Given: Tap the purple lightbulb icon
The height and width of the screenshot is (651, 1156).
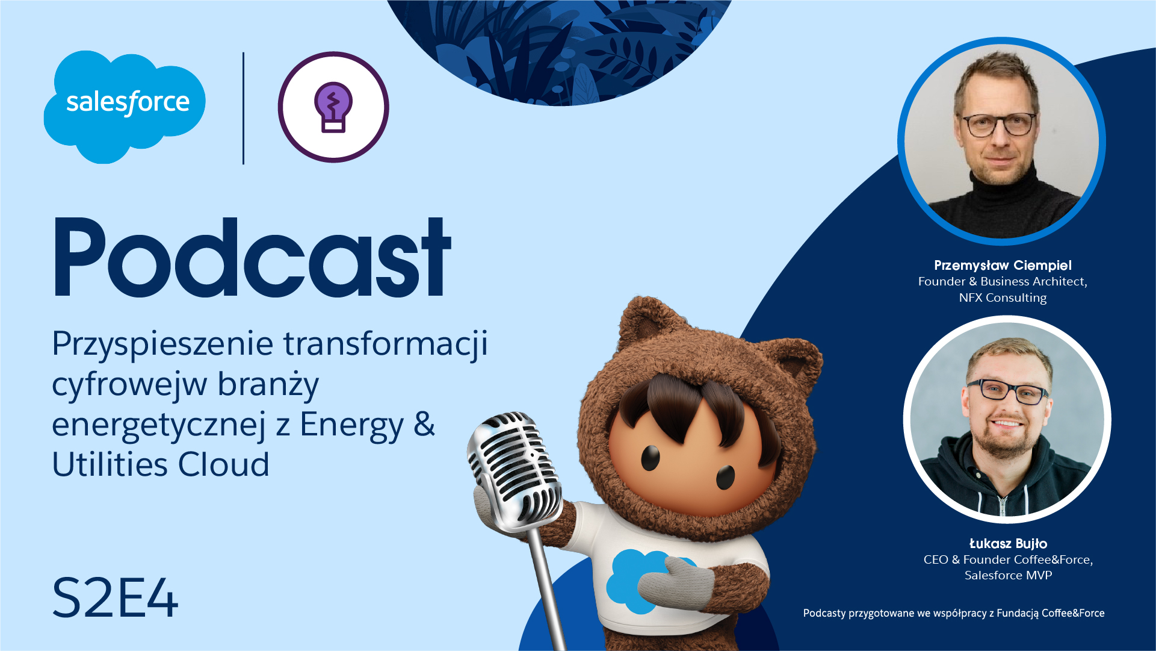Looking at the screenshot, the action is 333,107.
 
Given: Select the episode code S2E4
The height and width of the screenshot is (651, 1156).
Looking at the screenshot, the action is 115,598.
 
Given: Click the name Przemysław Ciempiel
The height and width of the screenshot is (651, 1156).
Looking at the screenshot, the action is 1003,266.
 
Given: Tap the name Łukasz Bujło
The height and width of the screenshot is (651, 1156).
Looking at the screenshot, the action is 1008,544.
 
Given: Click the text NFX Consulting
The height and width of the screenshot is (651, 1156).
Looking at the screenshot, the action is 1003,297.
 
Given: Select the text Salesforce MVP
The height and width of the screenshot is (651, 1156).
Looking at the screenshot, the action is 1008,575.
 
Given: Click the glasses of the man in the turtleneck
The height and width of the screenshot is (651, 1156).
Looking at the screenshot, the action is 1000,125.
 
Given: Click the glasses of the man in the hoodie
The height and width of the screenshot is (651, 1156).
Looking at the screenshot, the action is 1009,391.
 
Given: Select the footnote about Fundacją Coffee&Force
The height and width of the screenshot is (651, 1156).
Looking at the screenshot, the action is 954,613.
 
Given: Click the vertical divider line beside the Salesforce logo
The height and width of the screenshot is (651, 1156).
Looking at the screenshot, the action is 243,108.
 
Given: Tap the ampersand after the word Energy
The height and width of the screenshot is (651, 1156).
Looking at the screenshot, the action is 424,424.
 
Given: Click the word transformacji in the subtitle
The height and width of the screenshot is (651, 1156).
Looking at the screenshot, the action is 386,344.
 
